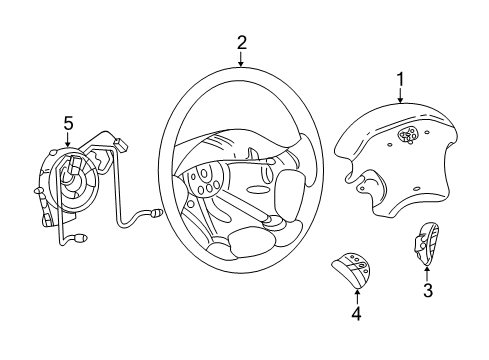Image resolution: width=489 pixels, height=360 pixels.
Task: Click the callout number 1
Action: pos(400,78)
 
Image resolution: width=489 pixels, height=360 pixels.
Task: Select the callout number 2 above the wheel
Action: pos(241,42)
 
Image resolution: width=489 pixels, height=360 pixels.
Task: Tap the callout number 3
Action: pos(427,291)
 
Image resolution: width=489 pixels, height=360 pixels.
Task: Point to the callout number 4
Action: pos(356,313)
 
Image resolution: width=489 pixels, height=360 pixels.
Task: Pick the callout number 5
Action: pos(68,123)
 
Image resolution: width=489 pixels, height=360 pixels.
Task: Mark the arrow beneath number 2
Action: pos(241,59)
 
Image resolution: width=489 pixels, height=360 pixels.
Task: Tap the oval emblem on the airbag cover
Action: pos(408,135)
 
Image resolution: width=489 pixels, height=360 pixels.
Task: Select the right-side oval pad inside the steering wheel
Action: pos(290,186)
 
